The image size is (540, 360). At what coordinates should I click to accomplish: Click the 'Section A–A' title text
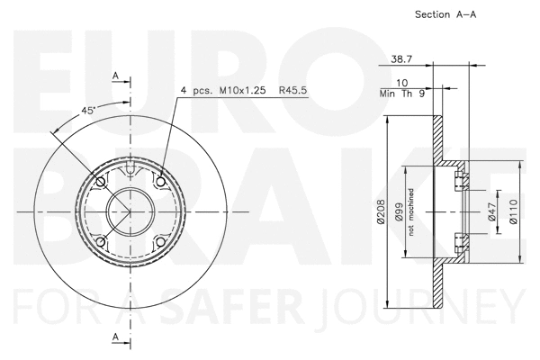click(x=445, y=15)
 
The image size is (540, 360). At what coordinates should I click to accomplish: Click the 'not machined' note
click(x=410, y=212)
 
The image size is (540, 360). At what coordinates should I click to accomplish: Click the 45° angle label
click(x=88, y=110)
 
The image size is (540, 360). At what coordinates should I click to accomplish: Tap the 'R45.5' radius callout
click(x=293, y=91)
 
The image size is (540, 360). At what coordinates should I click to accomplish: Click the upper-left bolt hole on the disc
click(x=100, y=183)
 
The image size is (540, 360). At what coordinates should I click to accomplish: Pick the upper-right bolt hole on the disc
click(x=161, y=183)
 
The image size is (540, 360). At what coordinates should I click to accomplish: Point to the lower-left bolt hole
click(x=100, y=243)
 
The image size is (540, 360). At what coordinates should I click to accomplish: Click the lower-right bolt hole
click(x=161, y=243)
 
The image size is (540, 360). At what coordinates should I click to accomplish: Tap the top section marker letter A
click(x=115, y=75)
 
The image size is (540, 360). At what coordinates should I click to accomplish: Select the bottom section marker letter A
click(x=115, y=337)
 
